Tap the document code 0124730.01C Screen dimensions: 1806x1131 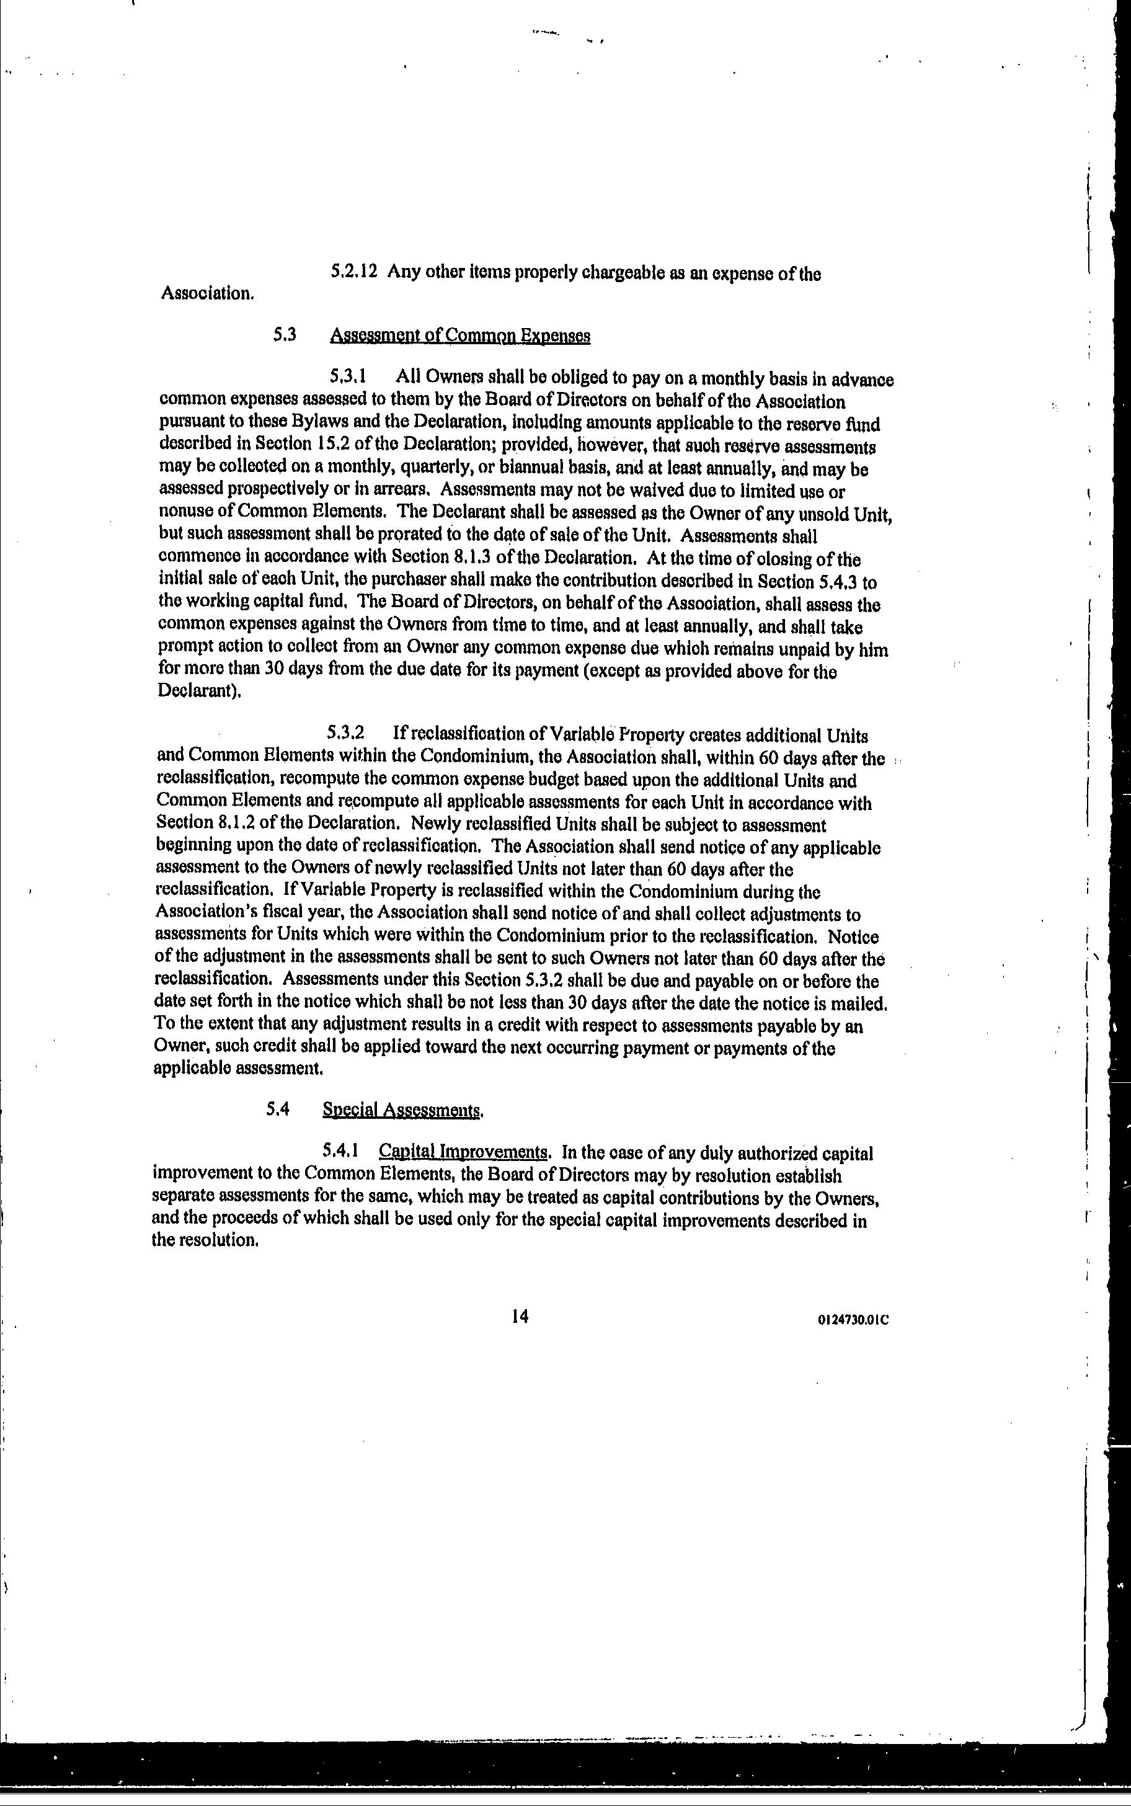[853, 1320]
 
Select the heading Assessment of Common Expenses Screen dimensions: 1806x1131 [459, 336]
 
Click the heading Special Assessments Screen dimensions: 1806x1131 [402, 1110]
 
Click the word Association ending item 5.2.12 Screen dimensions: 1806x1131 [207, 293]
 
